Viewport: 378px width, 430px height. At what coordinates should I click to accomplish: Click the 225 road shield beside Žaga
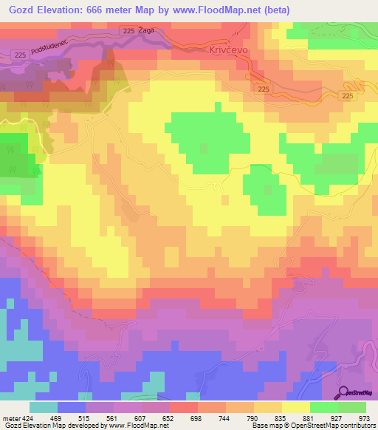pyautogui.click(x=129, y=30)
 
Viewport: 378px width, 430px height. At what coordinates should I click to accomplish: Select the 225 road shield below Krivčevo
pyautogui.click(x=265, y=89)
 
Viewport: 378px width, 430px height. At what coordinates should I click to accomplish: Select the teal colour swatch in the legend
pyautogui.click(x=44, y=407)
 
